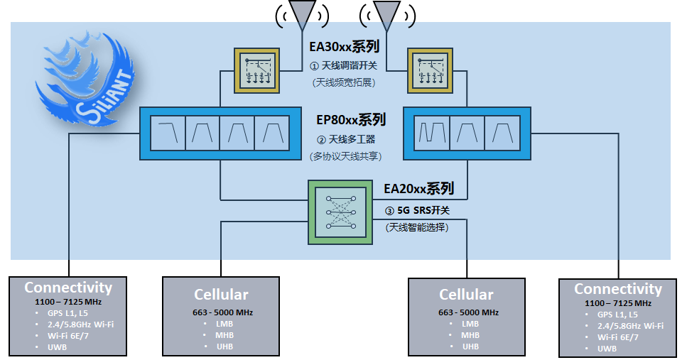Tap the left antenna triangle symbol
click(303, 13)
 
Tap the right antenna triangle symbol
click(386, 13)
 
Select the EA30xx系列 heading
click(344, 48)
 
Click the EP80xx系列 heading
click(351, 119)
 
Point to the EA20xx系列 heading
click(418, 189)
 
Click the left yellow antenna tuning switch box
click(256, 70)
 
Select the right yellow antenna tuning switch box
click(430, 70)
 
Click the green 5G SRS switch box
click(340, 212)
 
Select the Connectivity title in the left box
click(68, 288)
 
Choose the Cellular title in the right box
click(466, 295)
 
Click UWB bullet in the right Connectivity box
click(607, 349)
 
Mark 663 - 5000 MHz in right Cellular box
click(466, 312)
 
